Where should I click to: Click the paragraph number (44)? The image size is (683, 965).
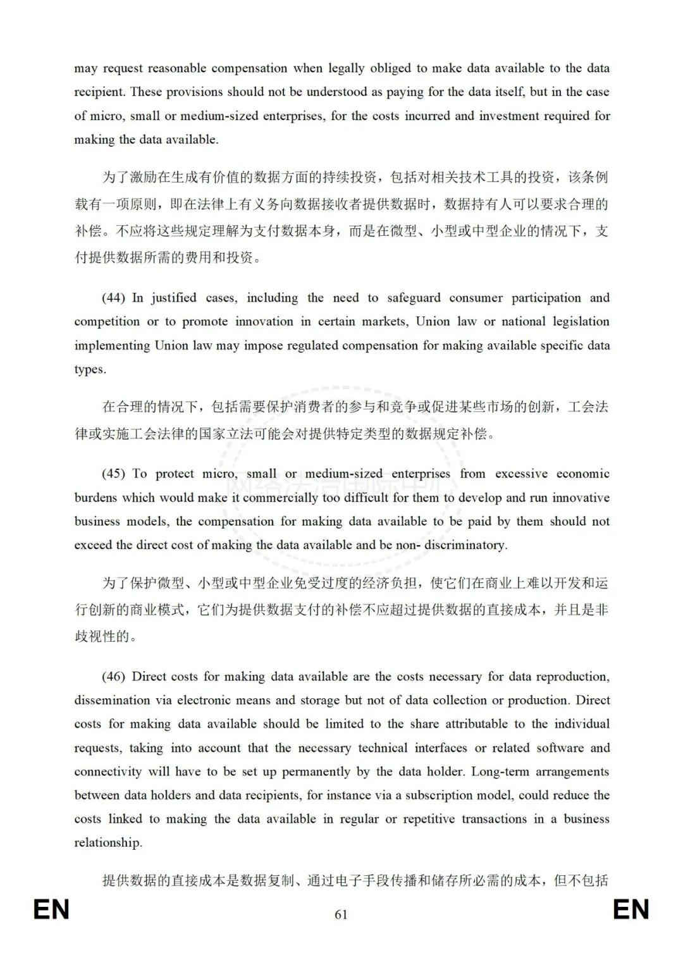pos(113,298)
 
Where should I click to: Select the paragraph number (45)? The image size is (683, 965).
pos(113,474)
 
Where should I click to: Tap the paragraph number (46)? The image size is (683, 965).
pos(113,677)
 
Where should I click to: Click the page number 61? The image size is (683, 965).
pos(341,914)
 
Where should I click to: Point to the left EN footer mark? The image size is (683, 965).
pos(51,910)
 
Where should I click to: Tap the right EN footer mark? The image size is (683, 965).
pos(631,910)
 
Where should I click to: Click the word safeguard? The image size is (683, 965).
pos(414,298)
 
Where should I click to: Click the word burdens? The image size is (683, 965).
pos(95,498)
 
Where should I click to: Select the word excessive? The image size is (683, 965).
pos(522,474)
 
